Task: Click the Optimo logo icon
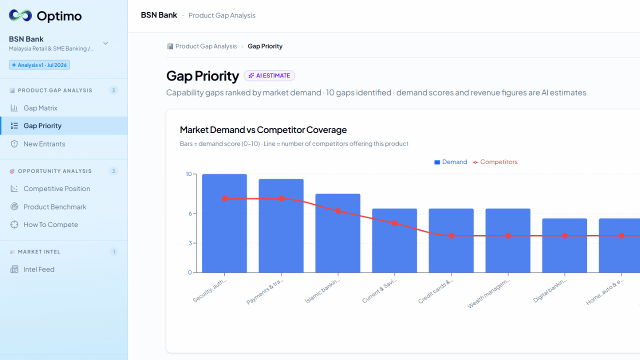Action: (x=20, y=15)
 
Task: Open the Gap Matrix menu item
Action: (x=40, y=108)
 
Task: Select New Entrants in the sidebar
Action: (x=44, y=144)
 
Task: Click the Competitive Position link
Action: (x=56, y=188)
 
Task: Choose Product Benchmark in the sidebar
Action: (x=54, y=207)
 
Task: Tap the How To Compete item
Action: (x=50, y=224)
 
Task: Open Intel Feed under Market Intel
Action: (x=39, y=269)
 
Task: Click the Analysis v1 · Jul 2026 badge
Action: (x=39, y=65)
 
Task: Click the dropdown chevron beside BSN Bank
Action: (x=105, y=43)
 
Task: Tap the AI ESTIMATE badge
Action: (x=269, y=75)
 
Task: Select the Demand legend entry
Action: (x=450, y=162)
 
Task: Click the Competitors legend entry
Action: (x=495, y=162)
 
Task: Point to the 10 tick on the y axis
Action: (x=189, y=174)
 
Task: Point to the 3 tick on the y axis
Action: (x=190, y=243)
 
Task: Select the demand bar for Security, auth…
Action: (x=224, y=223)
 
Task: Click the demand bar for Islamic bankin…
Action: (x=337, y=233)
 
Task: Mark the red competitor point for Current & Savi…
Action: (x=394, y=223)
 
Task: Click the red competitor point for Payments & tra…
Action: (x=281, y=199)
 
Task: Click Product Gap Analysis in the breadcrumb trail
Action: (x=206, y=46)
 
